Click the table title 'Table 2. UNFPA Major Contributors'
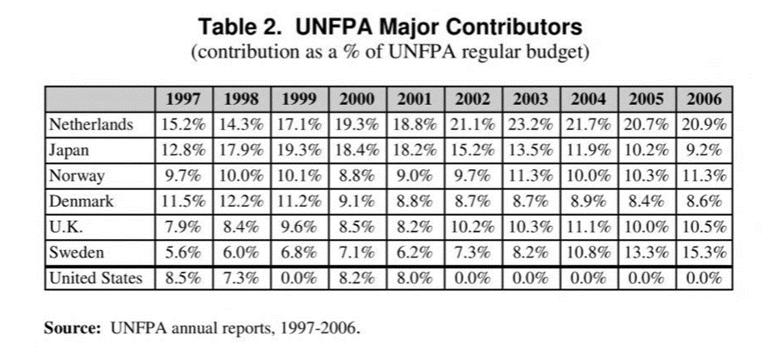click(391, 27)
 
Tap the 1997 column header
click(183, 99)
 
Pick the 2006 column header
click(705, 99)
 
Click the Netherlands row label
click(91, 125)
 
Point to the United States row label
click(96, 278)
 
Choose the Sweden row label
click(76, 252)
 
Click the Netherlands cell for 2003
click(531, 125)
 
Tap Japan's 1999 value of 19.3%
click(299, 151)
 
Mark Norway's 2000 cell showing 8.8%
click(357, 176)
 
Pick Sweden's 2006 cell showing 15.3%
click(705, 252)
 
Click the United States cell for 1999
click(299, 278)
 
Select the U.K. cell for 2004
click(589, 227)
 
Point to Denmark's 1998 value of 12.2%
click(242, 202)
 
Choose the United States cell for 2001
click(415, 278)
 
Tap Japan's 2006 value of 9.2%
click(705, 151)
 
